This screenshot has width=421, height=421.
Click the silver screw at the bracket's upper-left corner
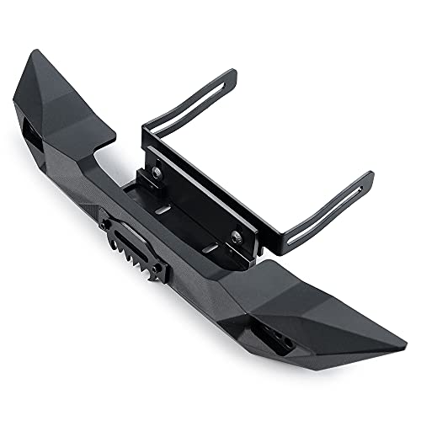coord(157,172)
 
